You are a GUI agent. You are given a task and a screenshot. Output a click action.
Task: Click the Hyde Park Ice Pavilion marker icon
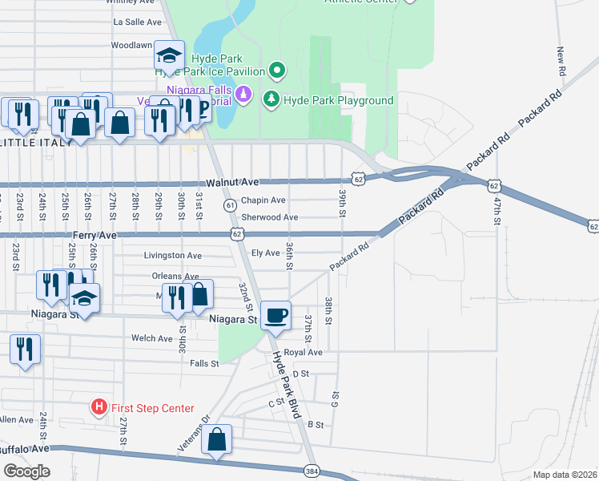[277, 71]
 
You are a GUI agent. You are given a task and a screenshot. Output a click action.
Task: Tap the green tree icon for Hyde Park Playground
[272, 100]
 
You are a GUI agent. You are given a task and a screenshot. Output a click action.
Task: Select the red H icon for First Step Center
[98, 408]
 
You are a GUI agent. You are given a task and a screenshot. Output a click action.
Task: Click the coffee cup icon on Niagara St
[276, 315]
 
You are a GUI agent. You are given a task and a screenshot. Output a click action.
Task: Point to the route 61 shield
[231, 205]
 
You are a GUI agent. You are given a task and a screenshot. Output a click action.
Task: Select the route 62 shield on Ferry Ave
[236, 234]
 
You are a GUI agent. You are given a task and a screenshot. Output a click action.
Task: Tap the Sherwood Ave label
[270, 217]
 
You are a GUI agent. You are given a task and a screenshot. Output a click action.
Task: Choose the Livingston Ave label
[172, 256]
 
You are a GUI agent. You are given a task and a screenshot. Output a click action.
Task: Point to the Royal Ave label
[303, 352]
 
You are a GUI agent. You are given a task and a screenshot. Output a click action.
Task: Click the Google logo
[26, 471]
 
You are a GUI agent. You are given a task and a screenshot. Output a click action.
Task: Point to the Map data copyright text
[565, 475]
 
